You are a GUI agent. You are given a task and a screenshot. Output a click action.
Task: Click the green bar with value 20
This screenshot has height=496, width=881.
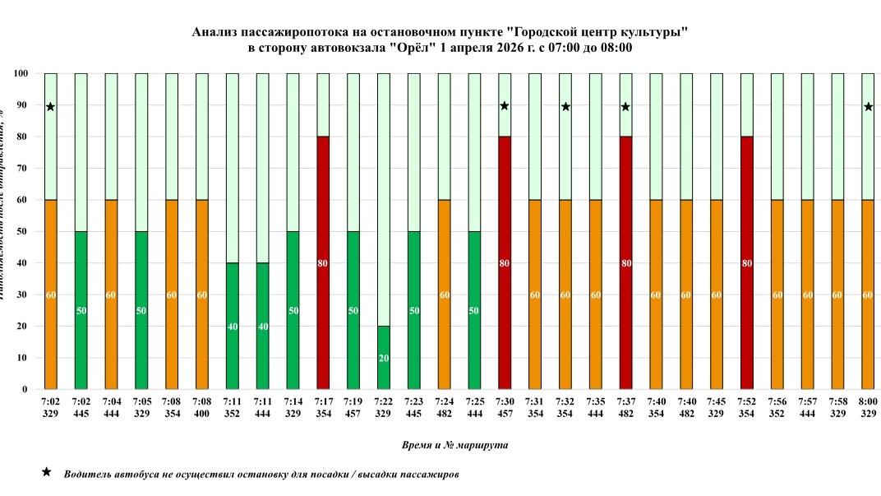pyautogui.click(x=384, y=357)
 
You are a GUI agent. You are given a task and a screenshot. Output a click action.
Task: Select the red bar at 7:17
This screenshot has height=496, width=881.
pyautogui.click(x=324, y=262)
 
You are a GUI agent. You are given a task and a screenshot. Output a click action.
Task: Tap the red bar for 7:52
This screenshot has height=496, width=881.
pyautogui.click(x=746, y=262)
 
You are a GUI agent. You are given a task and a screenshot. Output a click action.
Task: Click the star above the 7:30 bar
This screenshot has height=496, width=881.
pyautogui.click(x=505, y=106)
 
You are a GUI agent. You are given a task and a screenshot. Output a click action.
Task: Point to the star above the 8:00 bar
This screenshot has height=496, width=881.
pyautogui.click(x=868, y=107)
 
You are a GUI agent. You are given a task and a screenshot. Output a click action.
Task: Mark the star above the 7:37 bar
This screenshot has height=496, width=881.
pyautogui.click(x=625, y=107)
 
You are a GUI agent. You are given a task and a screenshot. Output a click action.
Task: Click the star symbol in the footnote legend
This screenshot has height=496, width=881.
pyautogui.click(x=47, y=473)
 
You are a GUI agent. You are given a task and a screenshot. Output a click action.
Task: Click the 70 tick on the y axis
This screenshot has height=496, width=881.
pyautogui.click(x=25, y=169)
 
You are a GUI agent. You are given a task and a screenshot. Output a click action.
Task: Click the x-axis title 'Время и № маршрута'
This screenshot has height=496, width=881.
pyautogui.click(x=454, y=445)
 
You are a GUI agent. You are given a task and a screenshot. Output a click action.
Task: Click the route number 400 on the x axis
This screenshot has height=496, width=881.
pyautogui.click(x=202, y=415)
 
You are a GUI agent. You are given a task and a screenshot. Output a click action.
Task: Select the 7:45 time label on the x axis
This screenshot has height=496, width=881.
pyautogui.click(x=716, y=402)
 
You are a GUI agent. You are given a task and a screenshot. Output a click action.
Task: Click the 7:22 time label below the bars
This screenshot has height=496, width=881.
pyautogui.click(x=384, y=402)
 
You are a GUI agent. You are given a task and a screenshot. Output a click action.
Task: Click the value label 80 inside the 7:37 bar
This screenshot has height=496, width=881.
pyautogui.click(x=625, y=263)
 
